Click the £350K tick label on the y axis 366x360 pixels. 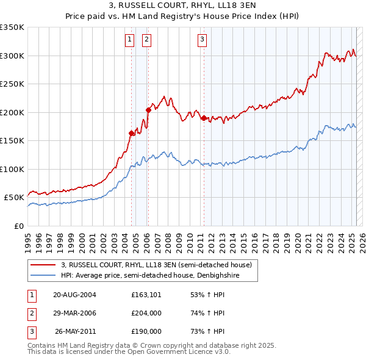click(12, 27)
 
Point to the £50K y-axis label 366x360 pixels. click(14, 198)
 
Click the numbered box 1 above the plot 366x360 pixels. click(130, 41)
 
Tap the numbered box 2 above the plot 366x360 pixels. click(147, 41)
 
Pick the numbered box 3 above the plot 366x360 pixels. click(202, 41)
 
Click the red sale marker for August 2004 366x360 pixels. click(131, 133)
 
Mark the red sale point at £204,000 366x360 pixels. click(148, 110)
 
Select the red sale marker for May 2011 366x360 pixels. click(204, 118)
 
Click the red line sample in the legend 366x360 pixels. click(43, 265)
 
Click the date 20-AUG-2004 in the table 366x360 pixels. click(74, 295)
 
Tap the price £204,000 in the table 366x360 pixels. click(146, 313)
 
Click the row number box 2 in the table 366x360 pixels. click(31, 313)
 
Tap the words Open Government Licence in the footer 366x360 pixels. click(174, 352)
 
